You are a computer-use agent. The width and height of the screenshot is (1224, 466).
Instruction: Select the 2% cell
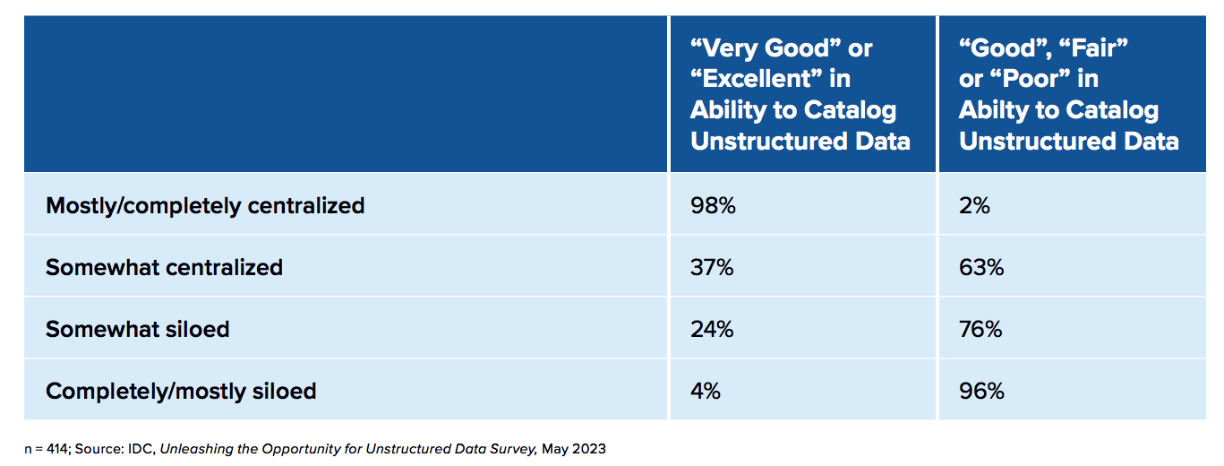974,205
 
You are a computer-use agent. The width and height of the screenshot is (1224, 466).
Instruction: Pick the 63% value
981,267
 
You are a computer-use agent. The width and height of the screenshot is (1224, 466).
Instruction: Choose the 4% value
706,391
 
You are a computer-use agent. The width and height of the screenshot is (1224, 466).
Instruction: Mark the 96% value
981,391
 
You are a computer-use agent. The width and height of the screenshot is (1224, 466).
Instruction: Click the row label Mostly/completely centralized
205,205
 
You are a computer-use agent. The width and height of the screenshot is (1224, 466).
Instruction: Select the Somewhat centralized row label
164,267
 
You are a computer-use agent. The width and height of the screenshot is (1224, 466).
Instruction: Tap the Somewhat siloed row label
137,329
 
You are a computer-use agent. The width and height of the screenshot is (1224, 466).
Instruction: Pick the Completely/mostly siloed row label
181,391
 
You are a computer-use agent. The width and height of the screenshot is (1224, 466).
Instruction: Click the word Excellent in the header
762,79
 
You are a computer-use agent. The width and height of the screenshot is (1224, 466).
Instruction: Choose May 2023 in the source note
573,449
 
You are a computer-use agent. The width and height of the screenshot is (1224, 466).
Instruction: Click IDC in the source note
137,449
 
